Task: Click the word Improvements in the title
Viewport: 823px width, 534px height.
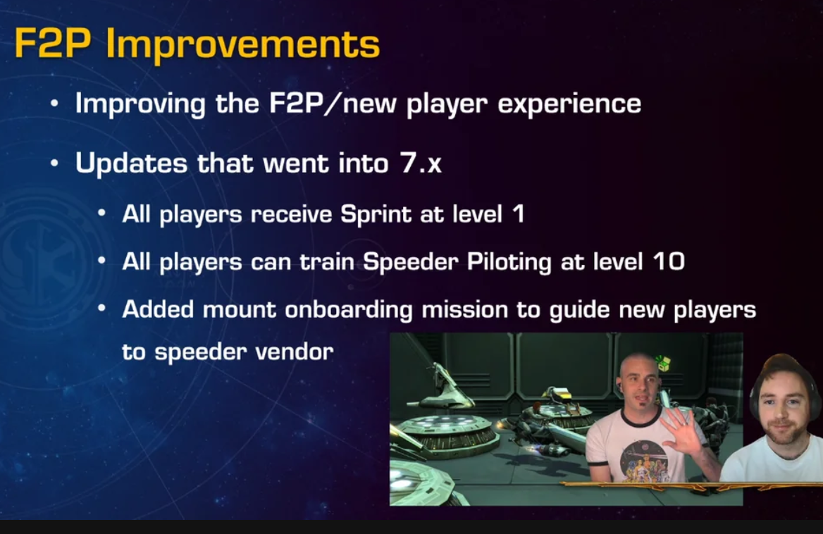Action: [242, 45]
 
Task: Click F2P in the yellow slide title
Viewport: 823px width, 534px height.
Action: [53, 42]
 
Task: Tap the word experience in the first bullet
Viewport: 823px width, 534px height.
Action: [569, 104]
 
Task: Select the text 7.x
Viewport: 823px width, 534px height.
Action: [421, 163]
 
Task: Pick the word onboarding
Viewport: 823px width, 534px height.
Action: [349, 309]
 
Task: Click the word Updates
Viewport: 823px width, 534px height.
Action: [131, 163]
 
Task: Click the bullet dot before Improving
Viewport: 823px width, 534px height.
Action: [54, 104]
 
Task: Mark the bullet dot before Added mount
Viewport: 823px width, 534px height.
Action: [102, 309]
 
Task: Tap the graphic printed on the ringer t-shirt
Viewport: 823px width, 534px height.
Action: [643, 460]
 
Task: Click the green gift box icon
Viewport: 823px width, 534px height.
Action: [663, 362]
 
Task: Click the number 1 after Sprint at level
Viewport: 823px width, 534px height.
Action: [519, 213]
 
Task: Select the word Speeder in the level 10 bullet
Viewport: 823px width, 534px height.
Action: [411, 262]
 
